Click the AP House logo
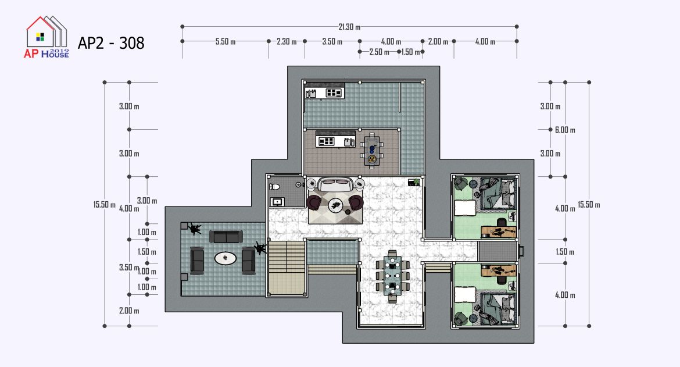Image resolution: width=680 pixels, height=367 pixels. click(x=46, y=37)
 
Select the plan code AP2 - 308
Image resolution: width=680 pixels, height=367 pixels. click(x=111, y=43)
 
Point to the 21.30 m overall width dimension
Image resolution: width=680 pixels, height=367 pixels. click(x=349, y=27)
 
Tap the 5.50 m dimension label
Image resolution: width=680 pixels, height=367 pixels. click(x=225, y=42)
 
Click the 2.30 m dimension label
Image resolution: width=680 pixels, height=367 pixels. click(x=287, y=42)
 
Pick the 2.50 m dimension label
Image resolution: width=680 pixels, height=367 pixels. click(x=379, y=52)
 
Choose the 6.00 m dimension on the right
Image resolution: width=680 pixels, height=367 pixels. click(x=565, y=130)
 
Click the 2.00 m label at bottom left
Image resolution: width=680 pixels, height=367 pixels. click(x=129, y=311)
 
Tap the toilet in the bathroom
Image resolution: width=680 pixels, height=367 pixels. click(x=274, y=187)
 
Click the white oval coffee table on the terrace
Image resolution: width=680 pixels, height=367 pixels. click(x=226, y=259)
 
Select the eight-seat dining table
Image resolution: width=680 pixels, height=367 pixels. click(x=392, y=276)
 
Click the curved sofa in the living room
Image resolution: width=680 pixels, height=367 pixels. click(x=335, y=185)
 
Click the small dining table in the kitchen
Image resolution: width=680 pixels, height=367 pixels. click(x=371, y=149)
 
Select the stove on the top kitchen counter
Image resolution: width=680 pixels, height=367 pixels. click(x=334, y=92)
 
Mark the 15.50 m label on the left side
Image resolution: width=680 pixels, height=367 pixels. click(x=105, y=205)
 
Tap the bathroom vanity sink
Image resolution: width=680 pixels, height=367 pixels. click(x=277, y=202)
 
